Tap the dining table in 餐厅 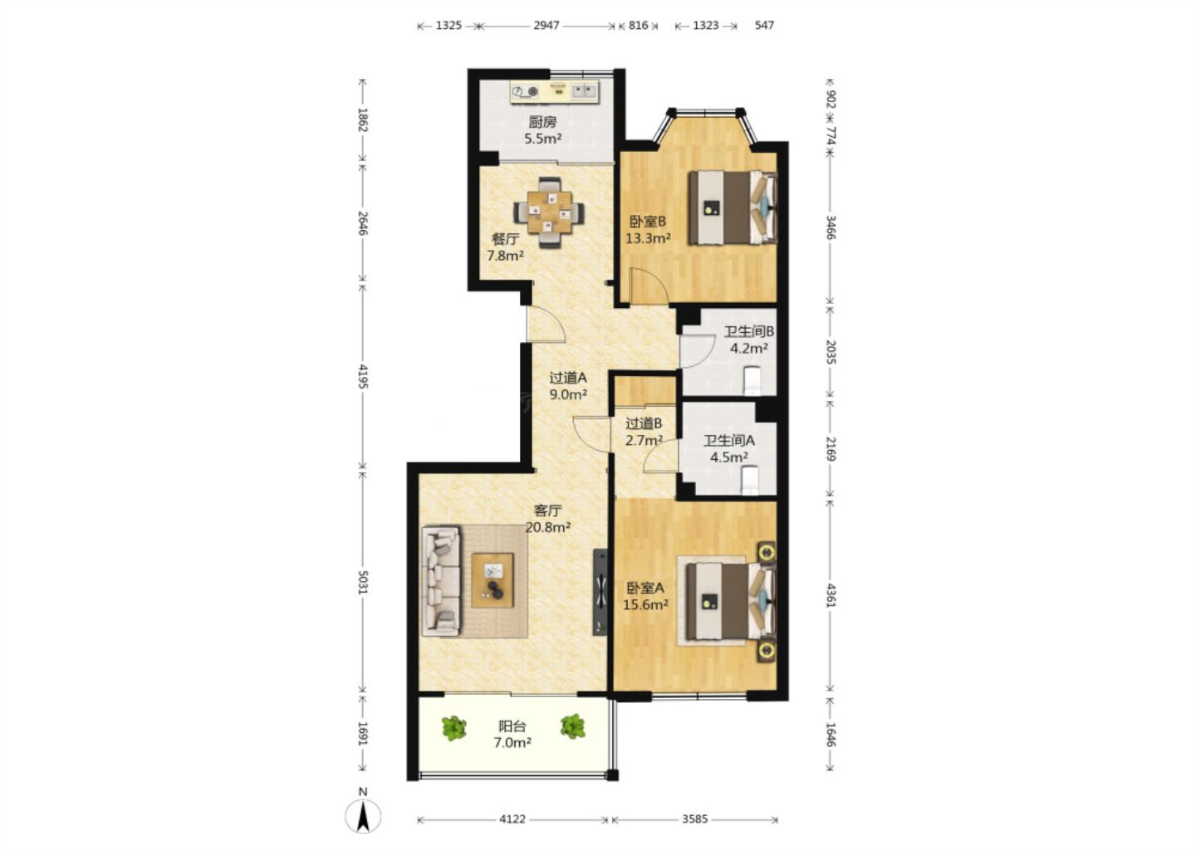coord(549,212)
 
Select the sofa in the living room coord(441,581)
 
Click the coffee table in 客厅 coord(493,580)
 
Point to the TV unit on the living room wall coord(600,592)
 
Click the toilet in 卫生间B coord(752,380)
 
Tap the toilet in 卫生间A coord(750,481)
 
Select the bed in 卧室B coord(732,208)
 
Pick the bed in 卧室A coord(730,602)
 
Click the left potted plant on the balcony coord(453,728)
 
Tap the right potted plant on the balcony coord(573,727)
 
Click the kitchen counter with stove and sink coord(554,91)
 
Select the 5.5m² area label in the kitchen coord(542,139)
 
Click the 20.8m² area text coord(548,528)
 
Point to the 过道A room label coord(568,378)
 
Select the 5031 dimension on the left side coord(362,582)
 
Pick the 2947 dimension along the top coord(547,25)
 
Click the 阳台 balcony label coord(512,726)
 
